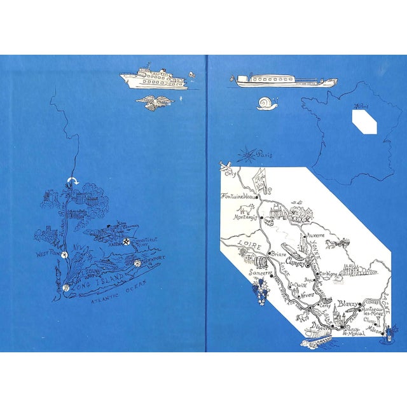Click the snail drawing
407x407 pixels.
[266, 102]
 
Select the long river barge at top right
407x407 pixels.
[286, 81]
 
